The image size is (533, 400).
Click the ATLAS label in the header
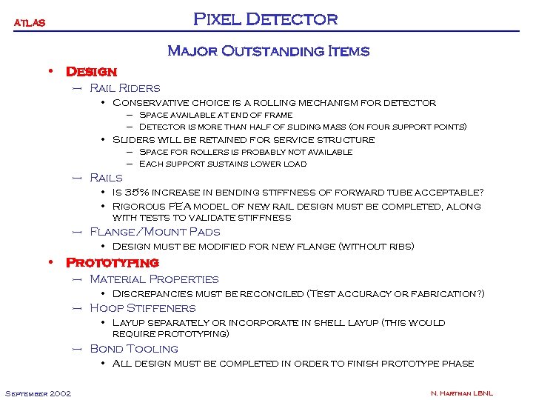[x=30, y=22]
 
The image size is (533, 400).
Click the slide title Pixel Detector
[x=266, y=19]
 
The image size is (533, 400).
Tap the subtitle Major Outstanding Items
[x=269, y=51]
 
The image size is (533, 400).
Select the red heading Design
[x=92, y=72]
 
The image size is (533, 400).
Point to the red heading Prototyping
[x=113, y=263]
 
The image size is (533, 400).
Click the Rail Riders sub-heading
[x=124, y=88]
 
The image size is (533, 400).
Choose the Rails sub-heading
[x=106, y=178]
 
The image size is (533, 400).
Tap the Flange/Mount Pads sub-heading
[x=155, y=232]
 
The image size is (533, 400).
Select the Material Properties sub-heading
[x=154, y=279]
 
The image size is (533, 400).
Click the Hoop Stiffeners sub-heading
[x=143, y=308]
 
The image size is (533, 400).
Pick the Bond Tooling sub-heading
[x=134, y=348]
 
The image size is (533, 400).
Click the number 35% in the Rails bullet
[x=140, y=192]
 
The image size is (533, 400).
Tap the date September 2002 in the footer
[x=38, y=393]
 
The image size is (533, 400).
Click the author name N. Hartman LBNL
[x=462, y=393]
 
